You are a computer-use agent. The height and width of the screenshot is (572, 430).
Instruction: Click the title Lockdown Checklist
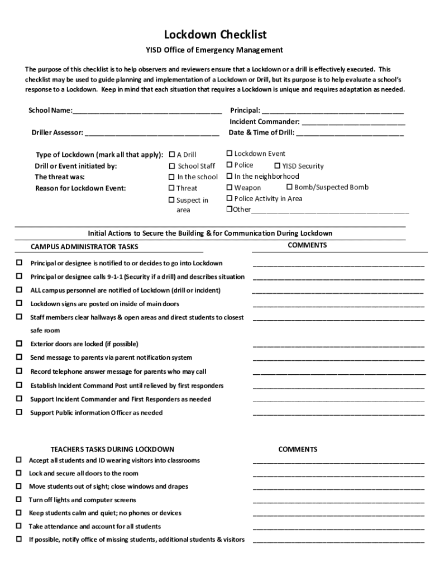pyautogui.click(x=215, y=35)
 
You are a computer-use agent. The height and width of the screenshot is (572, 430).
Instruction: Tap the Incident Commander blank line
pyautogui.click(x=353, y=122)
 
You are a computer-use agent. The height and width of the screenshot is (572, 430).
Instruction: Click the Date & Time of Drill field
pyautogui.click(x=350, y=134)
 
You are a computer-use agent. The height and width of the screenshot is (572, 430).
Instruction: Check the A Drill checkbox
pyautogui.click(x=172, y=154)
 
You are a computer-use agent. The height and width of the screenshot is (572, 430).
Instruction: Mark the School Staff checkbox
pyautogui.click(x=172, y=166)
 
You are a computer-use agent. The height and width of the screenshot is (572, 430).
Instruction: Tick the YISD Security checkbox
pyautogui.click(x=277, y=166)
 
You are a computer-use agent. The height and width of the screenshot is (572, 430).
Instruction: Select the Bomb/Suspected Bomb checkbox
pyautogui.click(x=290, y=187)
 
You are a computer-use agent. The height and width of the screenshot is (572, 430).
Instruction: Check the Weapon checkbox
pyautogui.click(x=230, y=188)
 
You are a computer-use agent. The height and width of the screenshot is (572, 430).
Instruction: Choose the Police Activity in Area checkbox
pyautogui.click(x=230, y=198)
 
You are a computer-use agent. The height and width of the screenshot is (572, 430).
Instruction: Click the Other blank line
pyautogui.click(x=329, y=211)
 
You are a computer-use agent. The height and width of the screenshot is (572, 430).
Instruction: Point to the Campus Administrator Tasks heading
pyautogui.click(x=84, y=247)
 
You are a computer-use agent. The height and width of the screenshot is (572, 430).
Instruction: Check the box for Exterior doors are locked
pyautogui.click(x=19, y=344)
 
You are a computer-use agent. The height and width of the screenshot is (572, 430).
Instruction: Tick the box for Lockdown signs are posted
pyautogui.click(x=19, y=303)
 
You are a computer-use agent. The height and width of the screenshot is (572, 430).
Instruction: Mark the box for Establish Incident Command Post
pyautogui.click(x=19, y=385)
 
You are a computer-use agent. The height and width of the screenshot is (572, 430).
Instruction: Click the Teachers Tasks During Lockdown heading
pyautogui.click(x=112, y=449)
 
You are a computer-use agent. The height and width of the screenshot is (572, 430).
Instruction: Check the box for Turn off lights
pyautogui.click(x=18, y=499)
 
